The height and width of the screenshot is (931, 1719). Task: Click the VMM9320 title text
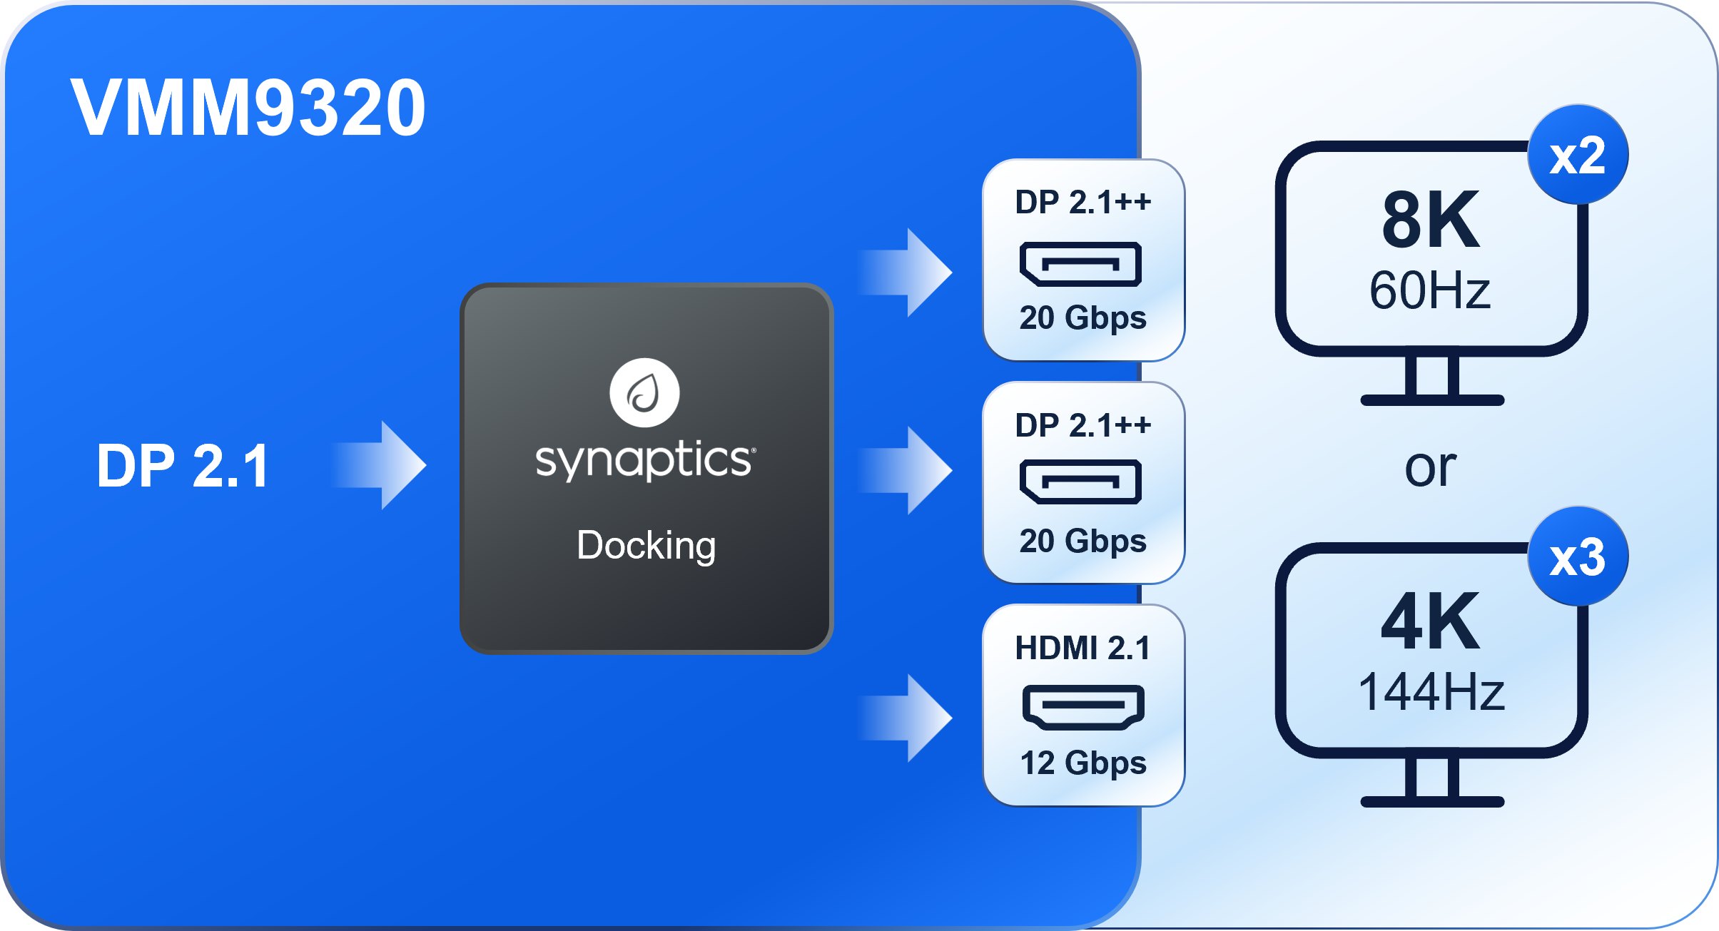point(248,108)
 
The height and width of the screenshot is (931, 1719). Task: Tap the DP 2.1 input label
point(183,466)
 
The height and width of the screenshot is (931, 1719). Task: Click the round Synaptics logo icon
point(644,392)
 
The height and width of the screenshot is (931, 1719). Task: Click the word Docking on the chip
point(646,546)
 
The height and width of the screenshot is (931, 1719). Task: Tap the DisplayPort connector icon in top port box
point(1080,264)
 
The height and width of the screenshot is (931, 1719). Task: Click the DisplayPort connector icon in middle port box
point(1080,482)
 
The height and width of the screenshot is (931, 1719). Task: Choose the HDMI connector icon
point(1082,706)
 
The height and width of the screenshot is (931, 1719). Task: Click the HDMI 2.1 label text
point(1082,648)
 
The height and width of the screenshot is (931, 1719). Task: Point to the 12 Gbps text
point(1082,763)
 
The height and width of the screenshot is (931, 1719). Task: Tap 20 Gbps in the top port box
point(1082,317)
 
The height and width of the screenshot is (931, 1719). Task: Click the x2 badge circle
point(1578,156)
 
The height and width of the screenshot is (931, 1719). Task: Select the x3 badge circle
point(1578,557)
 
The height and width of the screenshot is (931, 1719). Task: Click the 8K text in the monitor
point(1431,220)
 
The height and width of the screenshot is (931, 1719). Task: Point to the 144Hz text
point(1431,692)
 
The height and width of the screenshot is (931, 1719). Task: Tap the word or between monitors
point(1430,468)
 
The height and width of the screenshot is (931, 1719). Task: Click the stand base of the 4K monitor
point(1432,801)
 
